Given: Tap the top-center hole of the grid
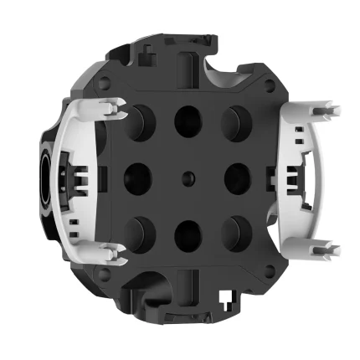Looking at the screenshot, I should click(x=187, y=121).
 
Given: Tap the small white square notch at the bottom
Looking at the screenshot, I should click(x=224, y=296).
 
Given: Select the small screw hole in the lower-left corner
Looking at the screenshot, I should click(x=103, y=272).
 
